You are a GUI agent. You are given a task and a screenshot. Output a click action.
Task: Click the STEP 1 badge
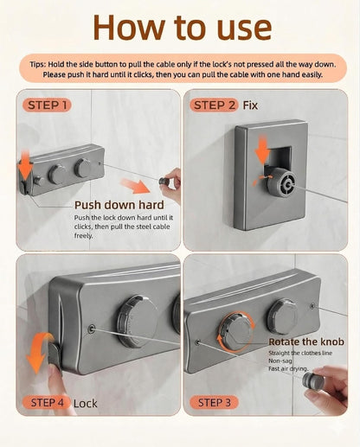[47, 105]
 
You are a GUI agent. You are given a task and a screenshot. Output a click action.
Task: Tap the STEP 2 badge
[215, 105]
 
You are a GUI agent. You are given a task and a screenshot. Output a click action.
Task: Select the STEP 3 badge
[215, 402]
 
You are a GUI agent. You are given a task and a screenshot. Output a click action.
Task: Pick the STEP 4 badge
[47, 403]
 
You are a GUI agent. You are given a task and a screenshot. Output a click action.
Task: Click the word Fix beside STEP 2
[250, 105]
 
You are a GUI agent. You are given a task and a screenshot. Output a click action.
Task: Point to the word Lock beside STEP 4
[86, 404]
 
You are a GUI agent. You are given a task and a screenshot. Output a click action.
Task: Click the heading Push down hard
[119, 205]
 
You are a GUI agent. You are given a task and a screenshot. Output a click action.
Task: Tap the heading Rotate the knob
[306, 342]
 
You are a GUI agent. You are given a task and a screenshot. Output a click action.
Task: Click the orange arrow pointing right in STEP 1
[135, 186]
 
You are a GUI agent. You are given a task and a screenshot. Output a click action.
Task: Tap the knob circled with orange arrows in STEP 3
[236, 331]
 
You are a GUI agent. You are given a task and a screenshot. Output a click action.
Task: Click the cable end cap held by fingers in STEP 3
[313, 381]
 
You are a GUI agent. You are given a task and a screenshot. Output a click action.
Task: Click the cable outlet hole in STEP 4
[92, 329]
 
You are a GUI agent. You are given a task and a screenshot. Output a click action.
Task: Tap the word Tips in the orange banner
[37, 64]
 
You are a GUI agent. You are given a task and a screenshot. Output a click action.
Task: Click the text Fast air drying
[288, 368]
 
